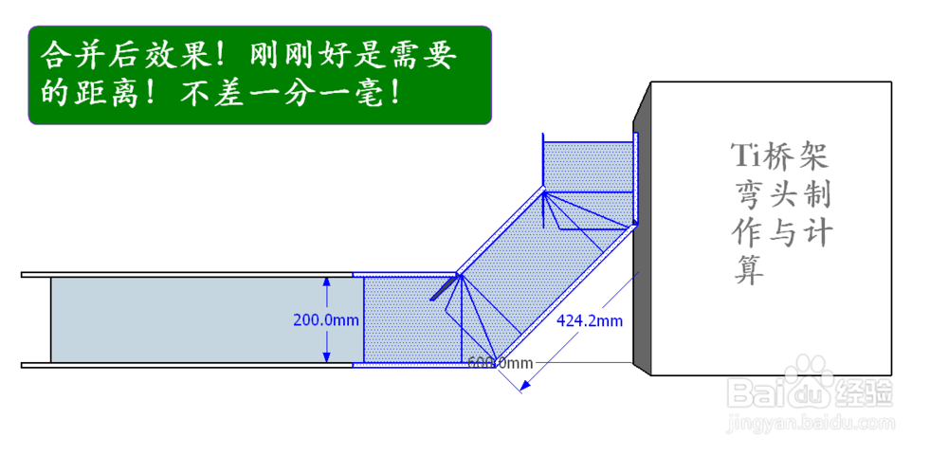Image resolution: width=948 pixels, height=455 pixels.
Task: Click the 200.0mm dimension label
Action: click(x=326, y=320)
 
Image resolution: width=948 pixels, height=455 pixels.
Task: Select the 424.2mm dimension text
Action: click(x=590, y=320)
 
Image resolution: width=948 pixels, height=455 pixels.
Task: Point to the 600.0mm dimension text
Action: click(x=501, y=362)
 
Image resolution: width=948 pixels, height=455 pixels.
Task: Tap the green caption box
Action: click(x=260, y=76)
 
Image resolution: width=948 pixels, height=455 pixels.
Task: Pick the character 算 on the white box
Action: click(x=749, y=271)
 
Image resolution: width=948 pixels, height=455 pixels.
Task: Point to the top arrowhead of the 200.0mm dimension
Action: click(x=326, y=282)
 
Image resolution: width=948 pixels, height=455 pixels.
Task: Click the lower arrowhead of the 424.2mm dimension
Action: click(x=520, y=385)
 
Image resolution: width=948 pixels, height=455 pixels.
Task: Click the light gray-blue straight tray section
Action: click(x=190, y=319)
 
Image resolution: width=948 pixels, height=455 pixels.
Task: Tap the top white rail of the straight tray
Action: click(x=190, y=275)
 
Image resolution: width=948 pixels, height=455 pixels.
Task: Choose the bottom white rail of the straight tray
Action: click(x=190, y=365)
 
